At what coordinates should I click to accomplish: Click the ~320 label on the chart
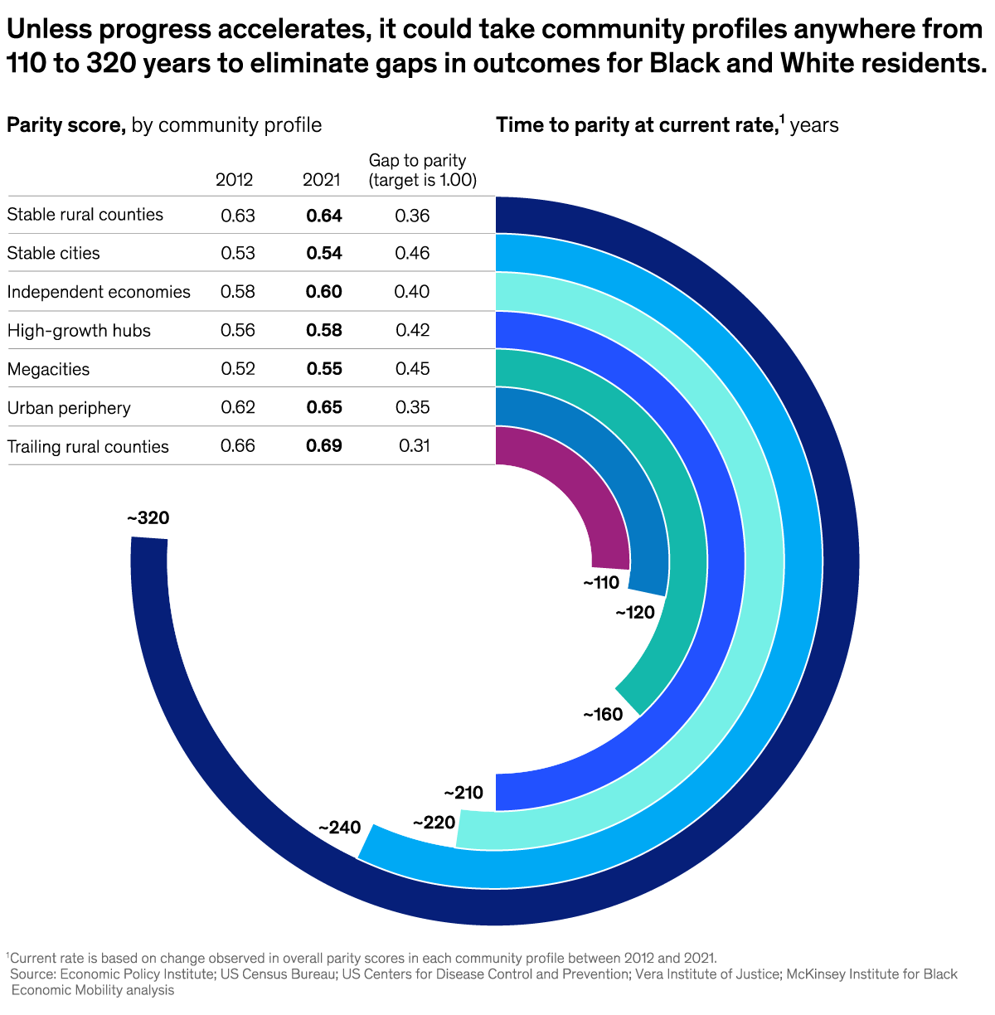148,518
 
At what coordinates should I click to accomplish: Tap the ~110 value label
601,583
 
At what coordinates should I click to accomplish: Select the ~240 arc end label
340,828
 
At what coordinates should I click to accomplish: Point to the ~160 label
603,714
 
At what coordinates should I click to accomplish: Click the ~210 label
464,793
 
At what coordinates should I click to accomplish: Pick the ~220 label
434,823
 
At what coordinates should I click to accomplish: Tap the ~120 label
635,613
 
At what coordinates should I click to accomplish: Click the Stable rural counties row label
85,215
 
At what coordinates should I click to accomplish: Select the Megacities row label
48,369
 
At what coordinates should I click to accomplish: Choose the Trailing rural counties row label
88,447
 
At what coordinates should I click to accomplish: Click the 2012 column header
235,180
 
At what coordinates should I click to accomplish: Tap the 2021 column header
322,180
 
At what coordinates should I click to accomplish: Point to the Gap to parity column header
422,170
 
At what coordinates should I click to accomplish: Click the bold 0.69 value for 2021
324,446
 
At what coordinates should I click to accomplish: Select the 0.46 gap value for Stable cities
412,253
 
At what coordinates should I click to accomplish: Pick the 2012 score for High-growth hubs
238,330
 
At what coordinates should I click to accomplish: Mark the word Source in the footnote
32,974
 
